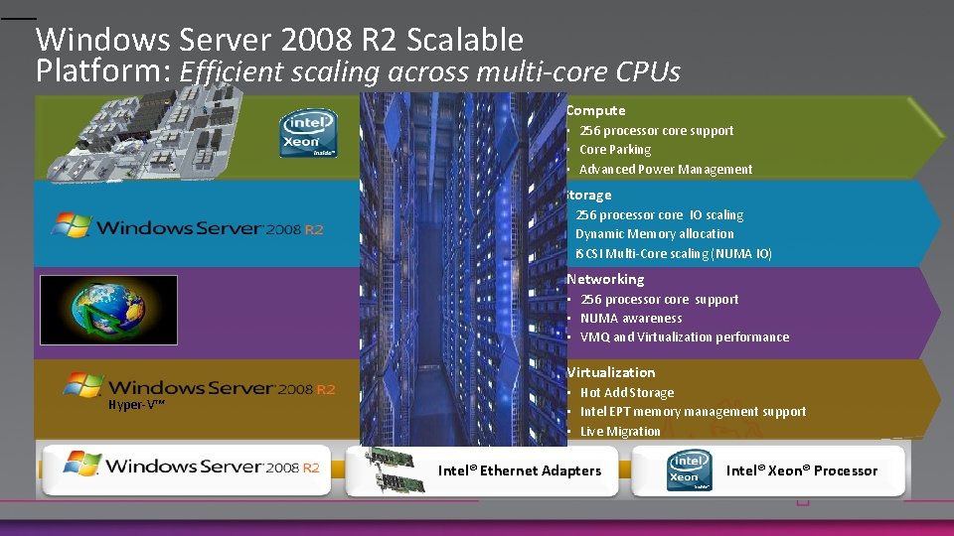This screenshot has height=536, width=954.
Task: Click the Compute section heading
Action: (x=595, y=110)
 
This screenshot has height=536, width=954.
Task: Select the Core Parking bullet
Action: (x=615, y=150)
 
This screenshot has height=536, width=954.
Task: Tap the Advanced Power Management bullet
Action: (x=666, y=170)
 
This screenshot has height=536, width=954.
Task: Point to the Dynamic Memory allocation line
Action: (x=655, y=234)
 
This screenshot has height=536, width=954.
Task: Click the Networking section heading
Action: (x=605, y=280)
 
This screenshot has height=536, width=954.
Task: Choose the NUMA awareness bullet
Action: (x=631, y=319)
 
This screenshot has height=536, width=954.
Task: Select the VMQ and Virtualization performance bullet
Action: (x=685, y=337)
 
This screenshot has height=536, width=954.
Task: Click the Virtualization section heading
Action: (x=611, y=372)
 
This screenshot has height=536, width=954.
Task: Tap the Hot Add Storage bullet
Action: (x=627, y=393)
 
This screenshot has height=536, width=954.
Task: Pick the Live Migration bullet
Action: (x=620, y=432)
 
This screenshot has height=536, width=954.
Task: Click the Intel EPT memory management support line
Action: (x=693, y=412)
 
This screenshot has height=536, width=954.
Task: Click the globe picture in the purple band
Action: (x=108, y=310)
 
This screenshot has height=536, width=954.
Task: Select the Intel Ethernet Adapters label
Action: (x=520, y=470)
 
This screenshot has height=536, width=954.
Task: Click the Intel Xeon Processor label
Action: (x=802, y=470)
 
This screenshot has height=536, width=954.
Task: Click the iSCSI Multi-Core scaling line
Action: (x=674, y=254)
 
